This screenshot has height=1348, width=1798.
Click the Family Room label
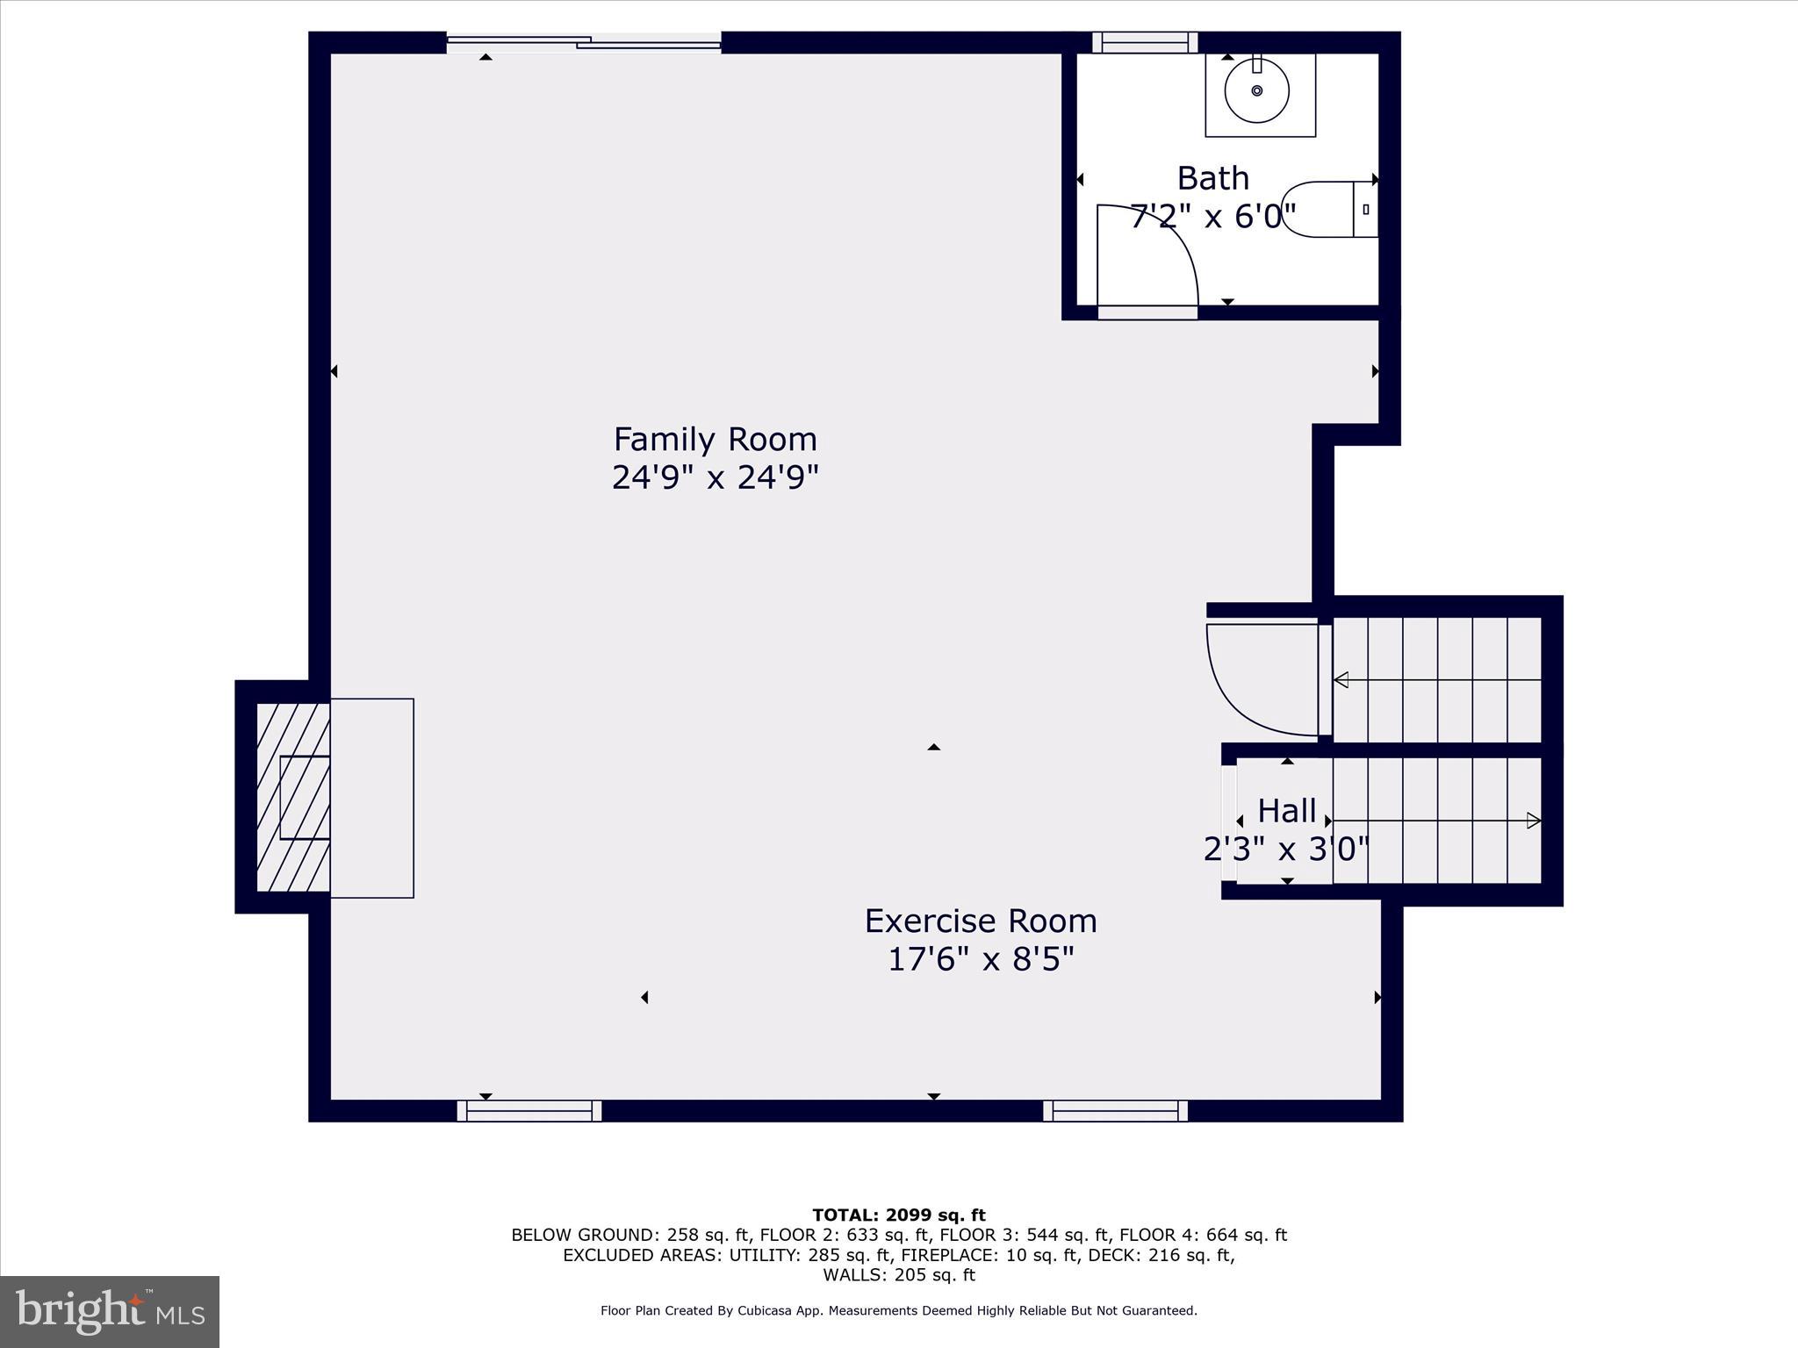715,439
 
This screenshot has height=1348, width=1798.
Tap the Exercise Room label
981,921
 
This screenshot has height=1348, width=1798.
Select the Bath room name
1212,178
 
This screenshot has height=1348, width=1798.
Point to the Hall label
1286,811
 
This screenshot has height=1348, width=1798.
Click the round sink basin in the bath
1256,90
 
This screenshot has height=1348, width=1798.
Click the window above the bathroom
1145,42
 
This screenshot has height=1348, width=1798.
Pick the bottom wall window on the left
529,1111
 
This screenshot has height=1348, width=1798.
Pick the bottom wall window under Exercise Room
1115,1111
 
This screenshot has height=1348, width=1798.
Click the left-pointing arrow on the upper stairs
1341,680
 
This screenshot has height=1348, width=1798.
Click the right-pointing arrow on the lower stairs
1533,821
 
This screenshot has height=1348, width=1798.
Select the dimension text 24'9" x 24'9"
715,478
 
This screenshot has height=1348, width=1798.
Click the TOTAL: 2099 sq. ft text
898,1215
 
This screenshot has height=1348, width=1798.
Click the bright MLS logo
110,1312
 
